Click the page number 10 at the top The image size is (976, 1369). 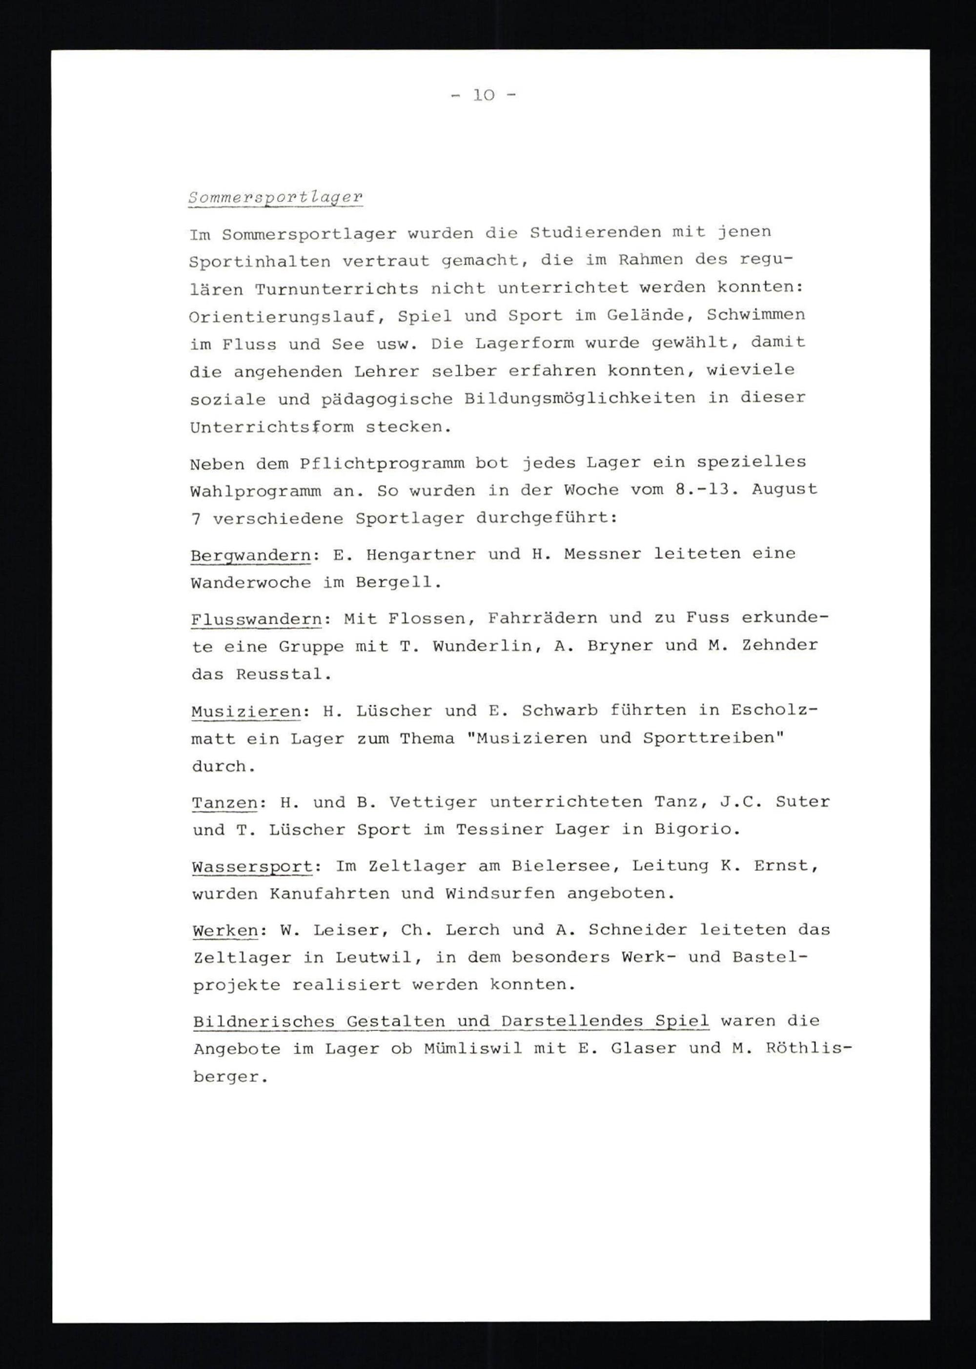483,95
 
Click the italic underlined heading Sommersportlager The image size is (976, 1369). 275,197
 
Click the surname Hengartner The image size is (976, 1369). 420,553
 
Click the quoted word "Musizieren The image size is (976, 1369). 526,738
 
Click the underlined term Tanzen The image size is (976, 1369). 224,803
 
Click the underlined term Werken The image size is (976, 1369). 225,931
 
